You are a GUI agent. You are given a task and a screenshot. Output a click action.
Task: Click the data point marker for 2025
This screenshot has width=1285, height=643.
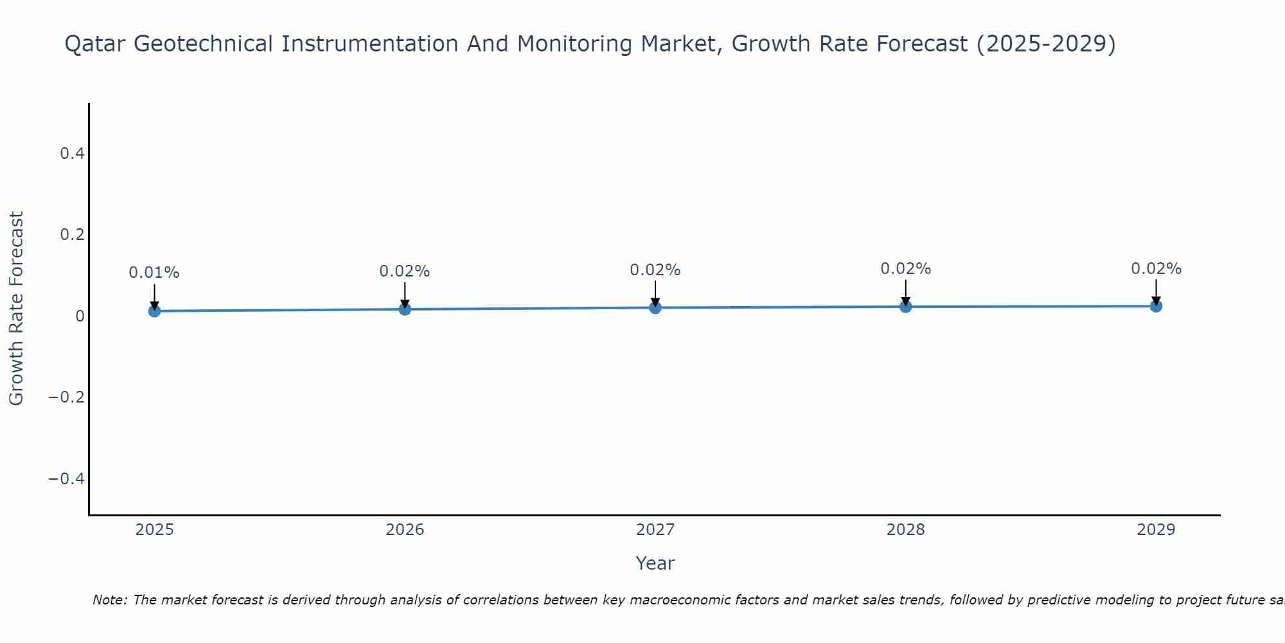coord(154,311)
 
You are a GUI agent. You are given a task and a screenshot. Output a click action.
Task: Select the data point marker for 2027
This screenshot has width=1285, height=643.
coord(655,308)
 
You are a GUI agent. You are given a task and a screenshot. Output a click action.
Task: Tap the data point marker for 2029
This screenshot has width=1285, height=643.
coord(1156,306)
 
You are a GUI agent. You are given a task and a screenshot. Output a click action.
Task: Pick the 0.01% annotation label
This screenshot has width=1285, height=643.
coord(154,273)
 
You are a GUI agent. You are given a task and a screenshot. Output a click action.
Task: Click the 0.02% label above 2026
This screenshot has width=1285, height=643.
coord(405,271)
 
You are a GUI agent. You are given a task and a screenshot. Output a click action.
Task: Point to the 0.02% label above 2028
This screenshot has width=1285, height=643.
coord(905,269)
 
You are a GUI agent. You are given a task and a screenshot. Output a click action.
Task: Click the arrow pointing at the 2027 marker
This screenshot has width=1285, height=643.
coord(655,293)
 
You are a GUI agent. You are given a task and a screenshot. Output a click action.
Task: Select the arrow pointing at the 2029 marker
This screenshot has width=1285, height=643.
coord(1156,291)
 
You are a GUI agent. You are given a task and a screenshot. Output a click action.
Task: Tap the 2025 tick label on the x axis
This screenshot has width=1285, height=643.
coord(155,530)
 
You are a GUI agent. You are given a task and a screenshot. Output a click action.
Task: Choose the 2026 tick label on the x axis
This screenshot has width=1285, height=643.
coord(405,530)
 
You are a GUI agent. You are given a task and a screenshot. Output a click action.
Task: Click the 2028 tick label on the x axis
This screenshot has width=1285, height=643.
coord(905,530)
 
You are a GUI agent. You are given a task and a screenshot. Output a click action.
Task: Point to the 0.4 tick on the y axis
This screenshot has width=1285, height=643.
coord(72,153)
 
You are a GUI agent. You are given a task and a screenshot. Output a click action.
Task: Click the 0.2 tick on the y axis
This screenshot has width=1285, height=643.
coord(72,235)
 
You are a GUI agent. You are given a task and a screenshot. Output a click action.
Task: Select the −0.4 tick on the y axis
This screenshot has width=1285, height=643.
coord(67,479)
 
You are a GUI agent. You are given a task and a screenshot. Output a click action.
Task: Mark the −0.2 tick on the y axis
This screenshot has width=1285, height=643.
coord(67,397)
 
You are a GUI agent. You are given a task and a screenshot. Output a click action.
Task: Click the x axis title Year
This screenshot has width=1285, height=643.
coord(655,563)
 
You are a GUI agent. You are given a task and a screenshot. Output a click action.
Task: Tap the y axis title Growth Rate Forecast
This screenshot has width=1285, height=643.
coord(17,309)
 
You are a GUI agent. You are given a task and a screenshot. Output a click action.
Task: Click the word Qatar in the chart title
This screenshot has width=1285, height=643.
coord(98,44)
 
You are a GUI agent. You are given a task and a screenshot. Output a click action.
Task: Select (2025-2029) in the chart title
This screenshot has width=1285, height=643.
coord(1046,44)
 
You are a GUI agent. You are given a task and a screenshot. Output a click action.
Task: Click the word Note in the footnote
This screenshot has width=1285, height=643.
coord(110,600)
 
